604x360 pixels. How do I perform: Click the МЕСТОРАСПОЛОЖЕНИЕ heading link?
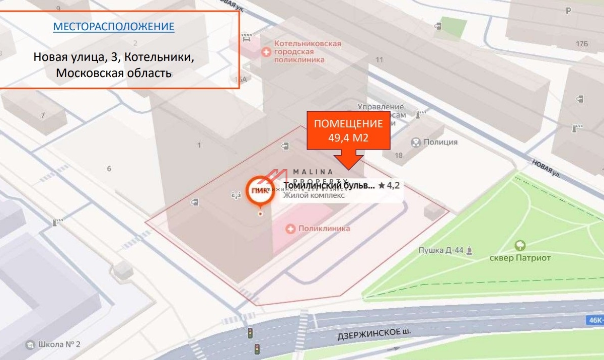114,27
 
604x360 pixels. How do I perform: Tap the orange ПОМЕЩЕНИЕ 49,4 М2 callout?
348,130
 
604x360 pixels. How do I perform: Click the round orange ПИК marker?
259,190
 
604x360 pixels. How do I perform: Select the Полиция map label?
441,142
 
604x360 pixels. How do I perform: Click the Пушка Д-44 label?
440,250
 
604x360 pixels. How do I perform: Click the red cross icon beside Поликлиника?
290,229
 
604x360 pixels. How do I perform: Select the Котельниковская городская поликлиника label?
307,51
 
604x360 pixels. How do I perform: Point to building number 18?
399,156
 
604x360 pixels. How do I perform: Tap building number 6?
109,169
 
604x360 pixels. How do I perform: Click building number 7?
43,115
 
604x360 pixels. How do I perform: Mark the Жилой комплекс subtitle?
314,196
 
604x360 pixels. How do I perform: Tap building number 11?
379,60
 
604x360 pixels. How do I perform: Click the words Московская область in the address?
114,73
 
